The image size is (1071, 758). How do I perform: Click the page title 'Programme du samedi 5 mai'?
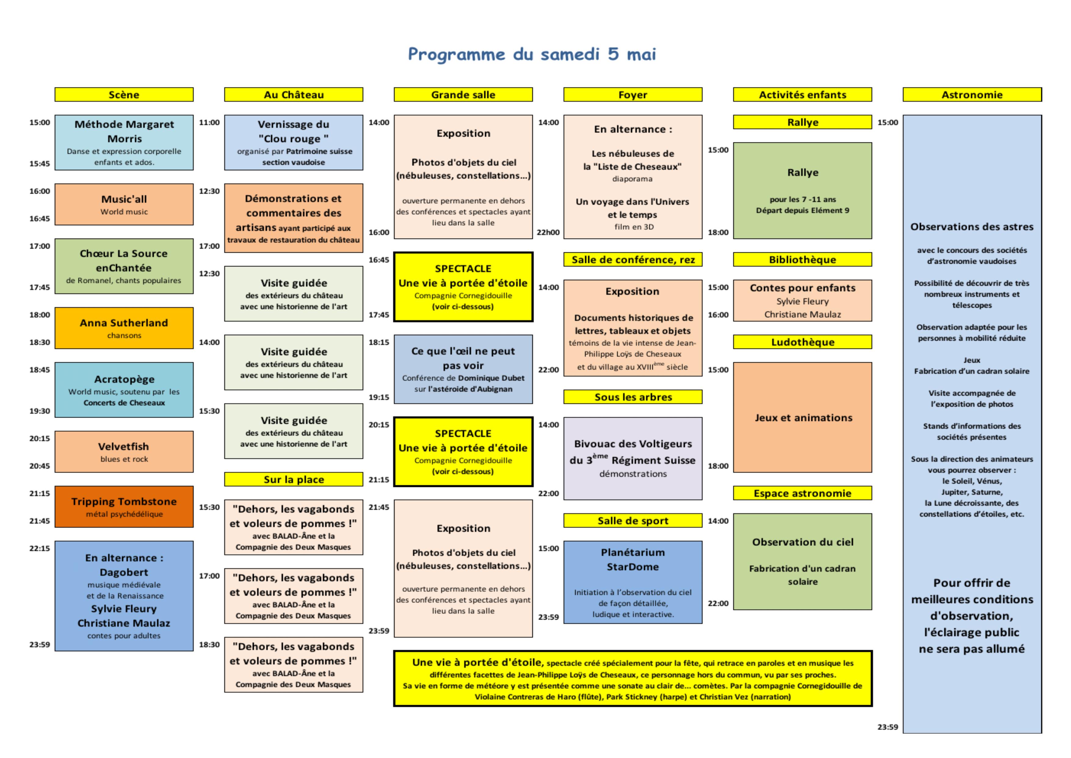pyautogui.click(x=532, y=54)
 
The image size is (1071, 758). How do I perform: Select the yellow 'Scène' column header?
pyautogui.click(x=124, y=94)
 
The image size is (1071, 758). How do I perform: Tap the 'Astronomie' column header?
pyautogui.click(x=972, y=94)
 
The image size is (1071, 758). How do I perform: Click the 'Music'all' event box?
pyautogui.click(x=124, y=204)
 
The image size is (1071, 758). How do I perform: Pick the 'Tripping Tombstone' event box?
pyautogui.click(x=124, y=507)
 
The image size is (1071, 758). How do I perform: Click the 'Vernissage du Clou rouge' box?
pyautogui.click(x=293, y=142)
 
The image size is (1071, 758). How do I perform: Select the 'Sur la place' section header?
pyautogui.click(x=293, y=479)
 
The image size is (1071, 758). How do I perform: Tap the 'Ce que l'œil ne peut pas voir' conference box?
pyautogui.click(x=463, y=369)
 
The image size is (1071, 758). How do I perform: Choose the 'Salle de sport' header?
pyautogui.click(x=633, y=520)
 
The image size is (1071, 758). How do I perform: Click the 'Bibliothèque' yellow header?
pyautogui.click(x=802, y=259)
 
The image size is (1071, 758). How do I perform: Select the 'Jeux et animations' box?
pyautogui.click(x=802, y=417)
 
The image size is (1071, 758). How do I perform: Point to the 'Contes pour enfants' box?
pyautogui.click(x=802, y=301)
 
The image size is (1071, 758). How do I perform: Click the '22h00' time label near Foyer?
pyautogui.click(x=549, y=233)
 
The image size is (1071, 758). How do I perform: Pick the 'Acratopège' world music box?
pyautogui.click(x=124, y=390)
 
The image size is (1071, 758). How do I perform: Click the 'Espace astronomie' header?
pyautogui.click(x=802, y=493)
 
